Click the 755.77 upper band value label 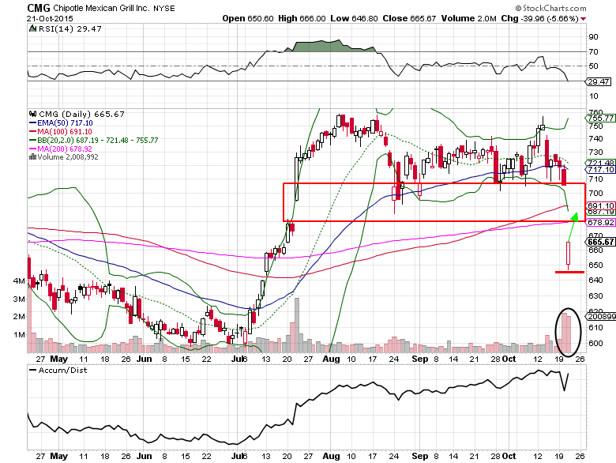[x=599, y=118]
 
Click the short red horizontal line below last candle [x=569, y=272]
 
